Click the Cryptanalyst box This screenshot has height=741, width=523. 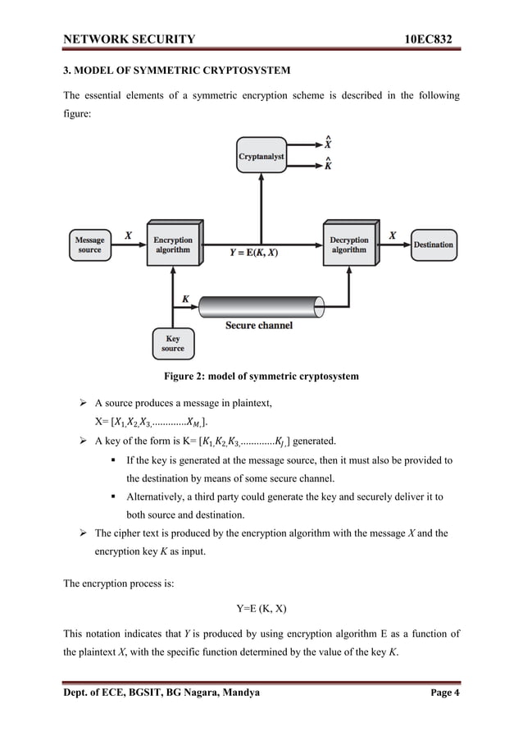pos(261,155)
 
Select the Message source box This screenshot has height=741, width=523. pos(90,245)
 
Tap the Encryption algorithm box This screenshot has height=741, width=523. pos(172,244)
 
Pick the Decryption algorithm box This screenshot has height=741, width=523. pos(349,244)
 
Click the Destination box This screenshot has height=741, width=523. pos(433,245)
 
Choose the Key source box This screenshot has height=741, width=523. pos(173,344)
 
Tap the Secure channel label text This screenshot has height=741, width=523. pos(259,326)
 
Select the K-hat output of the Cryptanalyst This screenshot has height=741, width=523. pos(329,165)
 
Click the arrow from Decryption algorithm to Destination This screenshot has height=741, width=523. pos(393,245)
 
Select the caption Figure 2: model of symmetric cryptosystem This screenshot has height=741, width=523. pos(261,377)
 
